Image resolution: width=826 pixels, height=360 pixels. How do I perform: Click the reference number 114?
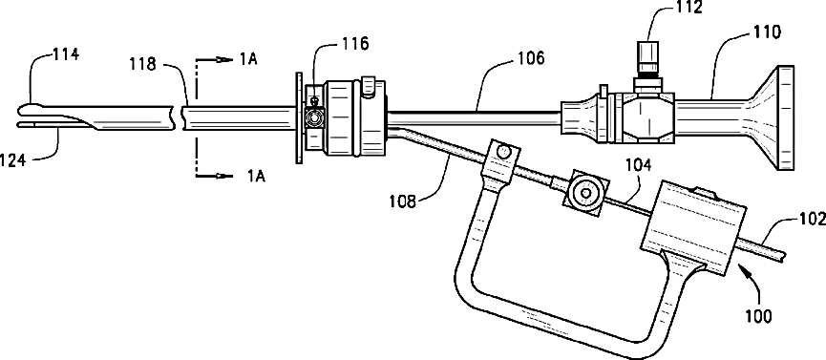[x=65, y=54]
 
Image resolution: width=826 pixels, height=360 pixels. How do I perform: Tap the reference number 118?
[x=143, y=65]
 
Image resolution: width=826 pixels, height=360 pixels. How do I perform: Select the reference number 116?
[x=354, y=43]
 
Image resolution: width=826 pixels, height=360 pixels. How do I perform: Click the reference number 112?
[x=688, y=8]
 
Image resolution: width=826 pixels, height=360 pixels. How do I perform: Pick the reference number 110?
[x=767, y=33]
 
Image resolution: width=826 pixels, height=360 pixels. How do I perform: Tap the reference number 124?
[x=12, y=159]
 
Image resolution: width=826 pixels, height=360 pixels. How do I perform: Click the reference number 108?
[x=403, y=201]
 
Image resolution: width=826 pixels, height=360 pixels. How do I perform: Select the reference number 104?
[x=638, y=166]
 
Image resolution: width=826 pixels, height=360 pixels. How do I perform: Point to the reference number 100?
[x=757, y=316]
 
